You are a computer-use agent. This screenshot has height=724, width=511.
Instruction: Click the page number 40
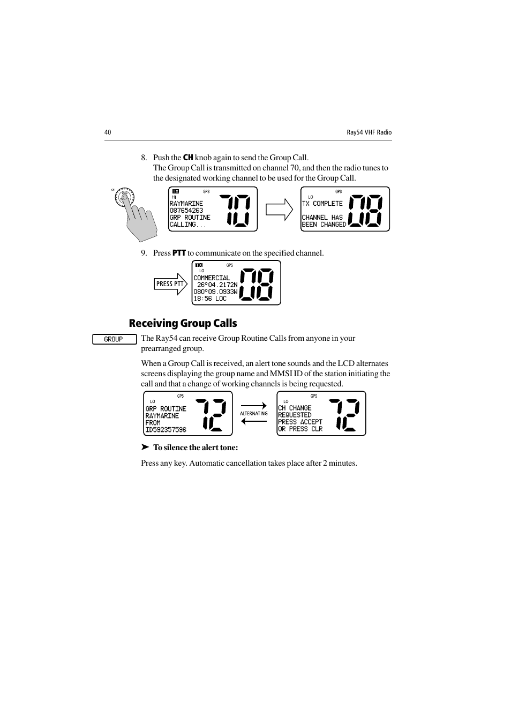pos(108,132)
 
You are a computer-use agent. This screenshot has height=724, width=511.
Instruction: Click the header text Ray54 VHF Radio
pos(369,132)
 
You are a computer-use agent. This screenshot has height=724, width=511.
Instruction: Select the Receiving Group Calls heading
pos(183,323)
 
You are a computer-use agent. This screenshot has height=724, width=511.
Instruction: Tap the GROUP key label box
pos(114,339)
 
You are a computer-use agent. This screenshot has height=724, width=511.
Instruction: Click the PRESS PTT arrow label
pos(170,284)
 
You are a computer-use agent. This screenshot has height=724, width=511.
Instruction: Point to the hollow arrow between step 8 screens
pos(279,210)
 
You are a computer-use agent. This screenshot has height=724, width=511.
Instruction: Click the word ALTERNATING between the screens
pos(254,414)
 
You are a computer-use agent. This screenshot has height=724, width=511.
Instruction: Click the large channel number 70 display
pos(235,210)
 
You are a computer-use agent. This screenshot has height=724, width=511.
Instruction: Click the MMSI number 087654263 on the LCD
pos(186,211)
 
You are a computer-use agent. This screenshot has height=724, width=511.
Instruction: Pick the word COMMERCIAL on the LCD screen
pos(212,278)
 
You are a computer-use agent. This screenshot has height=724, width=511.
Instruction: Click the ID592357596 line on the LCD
pos(166,430)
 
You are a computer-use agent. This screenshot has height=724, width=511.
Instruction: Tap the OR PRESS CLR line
pos(300,429)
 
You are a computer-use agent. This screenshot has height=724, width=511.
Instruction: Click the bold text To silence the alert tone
pos(196,447)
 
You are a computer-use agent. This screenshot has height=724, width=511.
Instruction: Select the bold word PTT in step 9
pos(179,253)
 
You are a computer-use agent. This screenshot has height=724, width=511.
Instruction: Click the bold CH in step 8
pos(188,158)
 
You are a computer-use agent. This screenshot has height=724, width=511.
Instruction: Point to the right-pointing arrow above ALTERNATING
pos(254,406)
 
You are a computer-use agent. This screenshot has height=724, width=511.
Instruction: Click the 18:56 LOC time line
pos(210,298)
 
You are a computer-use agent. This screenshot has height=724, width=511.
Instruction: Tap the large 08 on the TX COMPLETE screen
pos(366,210)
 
